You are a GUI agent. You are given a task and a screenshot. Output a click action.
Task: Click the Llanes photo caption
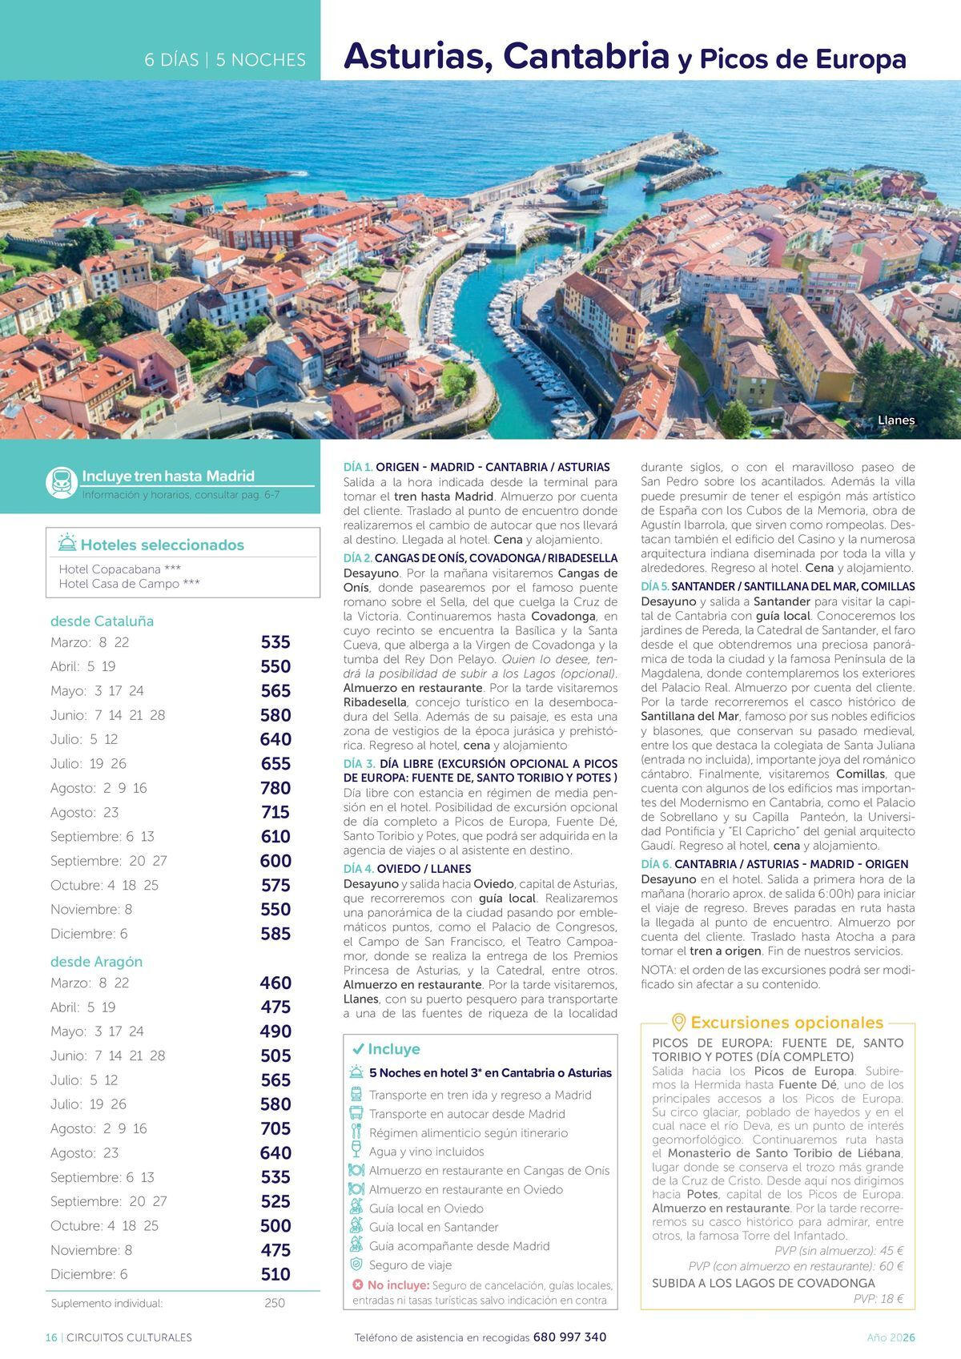pyautogui.click(x=895, y=420)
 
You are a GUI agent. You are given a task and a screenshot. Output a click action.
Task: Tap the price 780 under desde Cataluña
pyautogui.click(x=275, y=788)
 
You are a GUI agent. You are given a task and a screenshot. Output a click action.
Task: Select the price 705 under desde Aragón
pyautogui.click(x=275, y=1128)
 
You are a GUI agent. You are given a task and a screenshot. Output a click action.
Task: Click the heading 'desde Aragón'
pyautogui.click(x=96, y=961)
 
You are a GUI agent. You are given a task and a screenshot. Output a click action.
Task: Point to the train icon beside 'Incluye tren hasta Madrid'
pyautogui.click(x=62, y=483)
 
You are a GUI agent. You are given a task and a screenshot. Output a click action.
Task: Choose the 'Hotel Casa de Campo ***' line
pyautogui.click(x=129, y=584)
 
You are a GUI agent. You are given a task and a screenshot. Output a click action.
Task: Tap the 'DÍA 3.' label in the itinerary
pyautogui.click(x=359, y=764)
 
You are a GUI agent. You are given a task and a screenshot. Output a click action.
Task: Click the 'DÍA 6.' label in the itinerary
pyautogui.click(x=656, y=864)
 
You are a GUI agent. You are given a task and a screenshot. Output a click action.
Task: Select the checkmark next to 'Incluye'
pyautogui.click(x=358, y=1049)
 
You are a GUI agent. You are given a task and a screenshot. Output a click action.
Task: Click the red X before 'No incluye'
pyautogui.click(x=358, y=1285)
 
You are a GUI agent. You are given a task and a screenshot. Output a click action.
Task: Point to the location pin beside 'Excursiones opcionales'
pyautogui.click(x=678, y=1023)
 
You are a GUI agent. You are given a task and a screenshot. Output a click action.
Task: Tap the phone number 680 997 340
pyautogui.click(x=569, y=1337)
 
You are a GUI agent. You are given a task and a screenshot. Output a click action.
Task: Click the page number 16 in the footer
pyautogui.click(x=51, y=1337)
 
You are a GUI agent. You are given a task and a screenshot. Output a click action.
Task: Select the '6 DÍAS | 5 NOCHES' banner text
pyautogui.click(x=225, y=60)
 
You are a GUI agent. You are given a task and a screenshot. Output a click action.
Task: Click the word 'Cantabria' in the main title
pyautogui.click(x=586, y=56)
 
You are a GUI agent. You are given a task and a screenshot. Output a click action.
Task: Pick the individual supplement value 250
pyautogui.click(x=274, y=1303)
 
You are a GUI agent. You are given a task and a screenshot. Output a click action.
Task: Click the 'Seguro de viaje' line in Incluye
pyautogui.click(x=410, y=1265)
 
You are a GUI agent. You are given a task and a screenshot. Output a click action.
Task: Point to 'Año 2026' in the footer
pyautogui.click(x=891, y=1337)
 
